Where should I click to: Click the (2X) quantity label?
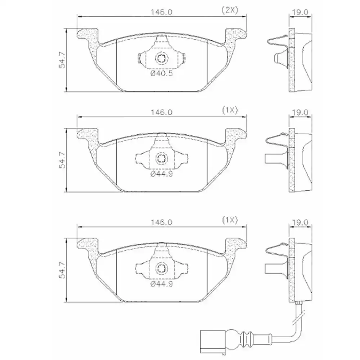pos(230,10)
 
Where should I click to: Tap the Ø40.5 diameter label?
pos(161,73)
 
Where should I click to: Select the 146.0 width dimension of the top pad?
pos(161,12)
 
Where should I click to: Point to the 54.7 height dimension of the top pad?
pos(62,60)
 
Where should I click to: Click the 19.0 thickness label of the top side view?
pos(300,12)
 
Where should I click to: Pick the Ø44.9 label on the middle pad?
pos(161,174)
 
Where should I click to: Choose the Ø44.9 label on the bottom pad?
pos(161,284)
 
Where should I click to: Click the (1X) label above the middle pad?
pos(230,111)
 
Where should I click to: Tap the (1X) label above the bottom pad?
pos(230,220)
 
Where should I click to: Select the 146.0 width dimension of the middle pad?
pos(161,112)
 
